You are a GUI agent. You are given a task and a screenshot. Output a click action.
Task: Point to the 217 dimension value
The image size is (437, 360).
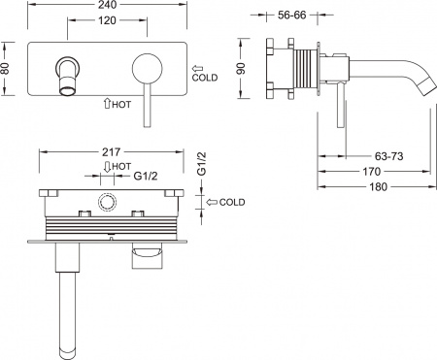[110, 152]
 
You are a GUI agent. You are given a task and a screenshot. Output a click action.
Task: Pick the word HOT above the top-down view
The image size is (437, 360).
[121, 166]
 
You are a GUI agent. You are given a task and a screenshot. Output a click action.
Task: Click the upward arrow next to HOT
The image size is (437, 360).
[106, 102]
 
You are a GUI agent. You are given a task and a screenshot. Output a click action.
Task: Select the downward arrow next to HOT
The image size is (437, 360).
[105, 166]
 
